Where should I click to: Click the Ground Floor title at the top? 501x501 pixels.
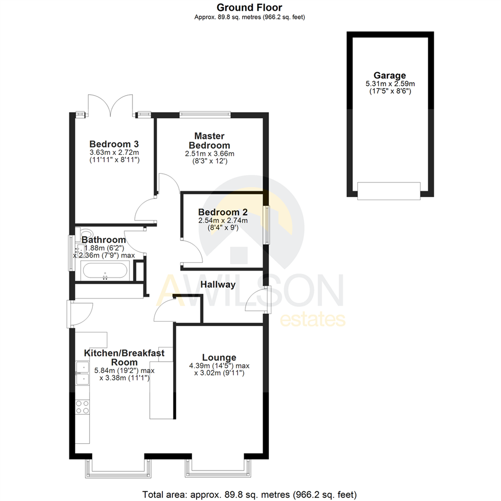250,7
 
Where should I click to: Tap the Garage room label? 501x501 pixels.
389,76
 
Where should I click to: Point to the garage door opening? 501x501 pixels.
389,191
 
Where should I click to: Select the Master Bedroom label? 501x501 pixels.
209,141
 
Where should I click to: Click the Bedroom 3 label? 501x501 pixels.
114,144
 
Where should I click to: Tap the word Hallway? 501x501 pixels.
218,284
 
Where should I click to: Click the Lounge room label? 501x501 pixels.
219,358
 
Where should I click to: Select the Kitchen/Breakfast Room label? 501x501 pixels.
124,357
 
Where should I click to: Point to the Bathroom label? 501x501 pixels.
103,240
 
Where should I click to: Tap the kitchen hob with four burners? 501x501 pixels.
82,407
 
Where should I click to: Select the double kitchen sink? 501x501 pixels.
82,373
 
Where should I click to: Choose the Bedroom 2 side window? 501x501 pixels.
266,225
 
